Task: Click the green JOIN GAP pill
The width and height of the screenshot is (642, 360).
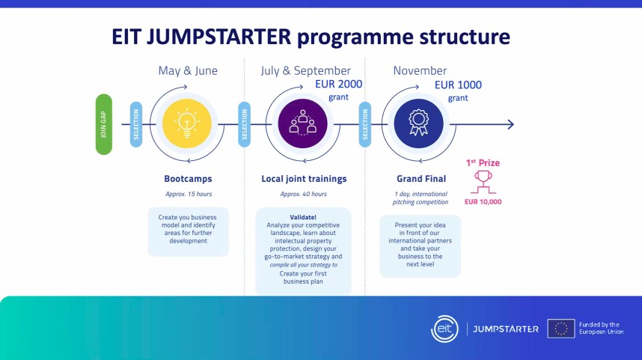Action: click(104, 124)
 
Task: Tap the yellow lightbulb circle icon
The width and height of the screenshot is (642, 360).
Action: click(187, 123)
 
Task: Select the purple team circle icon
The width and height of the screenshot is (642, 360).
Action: click(302, 123)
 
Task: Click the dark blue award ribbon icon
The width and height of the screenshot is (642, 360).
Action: click(418, 123)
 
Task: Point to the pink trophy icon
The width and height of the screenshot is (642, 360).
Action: click(483, 183)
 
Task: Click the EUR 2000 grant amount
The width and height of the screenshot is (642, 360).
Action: click(339, 85)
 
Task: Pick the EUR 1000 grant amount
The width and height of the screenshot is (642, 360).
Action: click(458, 85)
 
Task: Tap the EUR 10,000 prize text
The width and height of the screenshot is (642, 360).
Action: click(483, 202)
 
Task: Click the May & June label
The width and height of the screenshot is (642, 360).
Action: click(188, 71)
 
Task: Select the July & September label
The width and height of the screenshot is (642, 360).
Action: click(306, 71)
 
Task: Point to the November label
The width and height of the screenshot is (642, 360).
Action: click(420, 71)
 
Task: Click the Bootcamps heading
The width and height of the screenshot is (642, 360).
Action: click(188, 179)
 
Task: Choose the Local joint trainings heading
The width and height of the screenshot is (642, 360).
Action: click(304, 179)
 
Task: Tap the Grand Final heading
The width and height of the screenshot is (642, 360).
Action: click(421, 179)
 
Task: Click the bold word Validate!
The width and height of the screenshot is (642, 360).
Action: click(303, 218)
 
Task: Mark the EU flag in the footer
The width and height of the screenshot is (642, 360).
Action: click(561, 329)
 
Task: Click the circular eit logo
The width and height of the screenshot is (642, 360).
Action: click(444, 329)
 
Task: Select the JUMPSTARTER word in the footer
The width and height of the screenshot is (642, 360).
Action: click(506, 329)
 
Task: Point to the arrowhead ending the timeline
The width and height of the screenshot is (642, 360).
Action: click(511, 124)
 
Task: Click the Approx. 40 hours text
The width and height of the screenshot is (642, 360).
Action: click(303, 194)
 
